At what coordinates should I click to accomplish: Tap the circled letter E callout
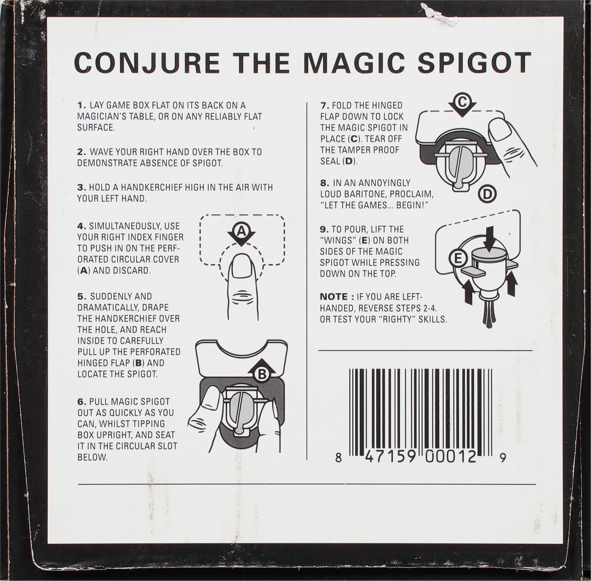click(x=458, y=258)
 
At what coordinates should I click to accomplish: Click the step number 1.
click(x=82, y=105)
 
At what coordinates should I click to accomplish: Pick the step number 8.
click(x=325, y=183)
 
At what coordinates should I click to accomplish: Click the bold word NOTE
click(x=334, y=297)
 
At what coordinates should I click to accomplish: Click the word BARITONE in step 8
click(x=377, y=194)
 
